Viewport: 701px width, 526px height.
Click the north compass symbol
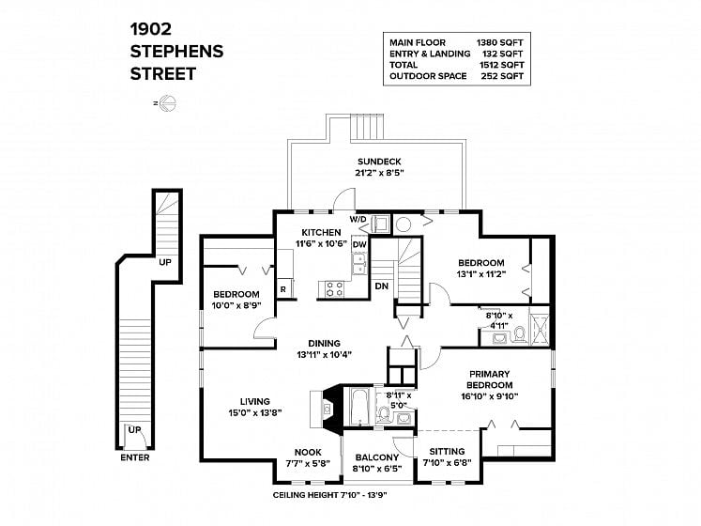[x=167, y=103]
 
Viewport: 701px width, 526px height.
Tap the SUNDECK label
[x=379, y=162]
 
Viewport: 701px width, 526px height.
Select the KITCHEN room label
[x=321, y=232]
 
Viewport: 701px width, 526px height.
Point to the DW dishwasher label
[x=359, y=244]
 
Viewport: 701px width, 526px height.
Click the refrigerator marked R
[x=284, y=288]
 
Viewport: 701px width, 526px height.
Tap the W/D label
[x=358, y=219]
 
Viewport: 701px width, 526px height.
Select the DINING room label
[x=324, y=344]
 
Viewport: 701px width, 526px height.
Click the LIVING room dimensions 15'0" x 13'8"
[x=255, y=412]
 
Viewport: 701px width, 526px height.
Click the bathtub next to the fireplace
[x=358, y=407]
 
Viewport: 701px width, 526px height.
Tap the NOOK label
[x=308, y=452]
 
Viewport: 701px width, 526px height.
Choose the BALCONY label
[x=377, y=457]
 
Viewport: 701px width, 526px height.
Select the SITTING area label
[x=447, y=451]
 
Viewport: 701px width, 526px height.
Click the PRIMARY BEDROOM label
[x=490, y=379]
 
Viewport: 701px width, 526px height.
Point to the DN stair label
[x=381, y=286]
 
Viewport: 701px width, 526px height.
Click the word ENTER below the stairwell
[x=135, y=457]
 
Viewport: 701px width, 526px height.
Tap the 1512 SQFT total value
[x=502, y=65]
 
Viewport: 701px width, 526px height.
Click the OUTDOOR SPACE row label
[x=428, y=76]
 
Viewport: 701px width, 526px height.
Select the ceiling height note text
[x=329, y=495]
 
